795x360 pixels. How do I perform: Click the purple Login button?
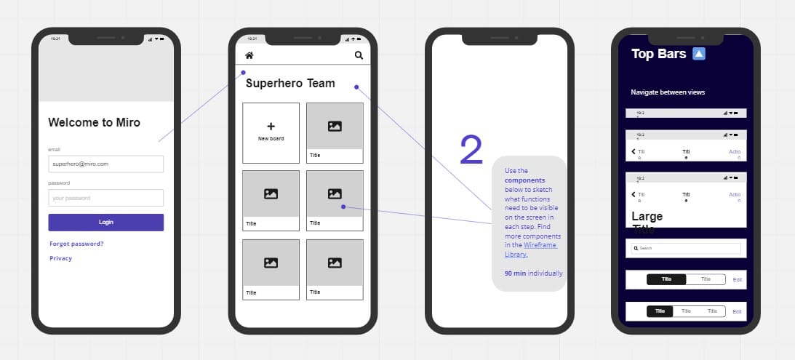[105, 223]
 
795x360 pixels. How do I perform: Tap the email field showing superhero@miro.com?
[105, 164]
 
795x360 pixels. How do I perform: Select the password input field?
[105, 198]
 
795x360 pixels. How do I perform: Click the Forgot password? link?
[76, 244]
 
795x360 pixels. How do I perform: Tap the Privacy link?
[61, 258]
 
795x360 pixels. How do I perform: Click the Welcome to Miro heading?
[94, 122]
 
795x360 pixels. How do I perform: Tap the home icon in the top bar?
[249, 55]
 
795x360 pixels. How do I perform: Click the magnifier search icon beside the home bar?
[359, 55]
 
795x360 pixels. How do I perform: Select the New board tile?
[271, 133]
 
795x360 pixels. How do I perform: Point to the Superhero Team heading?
[290, 84]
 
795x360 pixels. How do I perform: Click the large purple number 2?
[471, 150]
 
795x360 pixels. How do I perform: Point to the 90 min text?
[516, 273]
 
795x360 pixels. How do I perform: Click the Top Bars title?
[658, 54]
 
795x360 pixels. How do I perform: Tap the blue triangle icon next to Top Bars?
[698, 53]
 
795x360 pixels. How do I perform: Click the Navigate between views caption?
[668, 92]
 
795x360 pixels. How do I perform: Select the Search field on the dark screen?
[686, 248]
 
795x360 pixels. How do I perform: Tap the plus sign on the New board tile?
[271, 127]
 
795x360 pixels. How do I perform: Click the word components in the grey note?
[524, 180]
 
